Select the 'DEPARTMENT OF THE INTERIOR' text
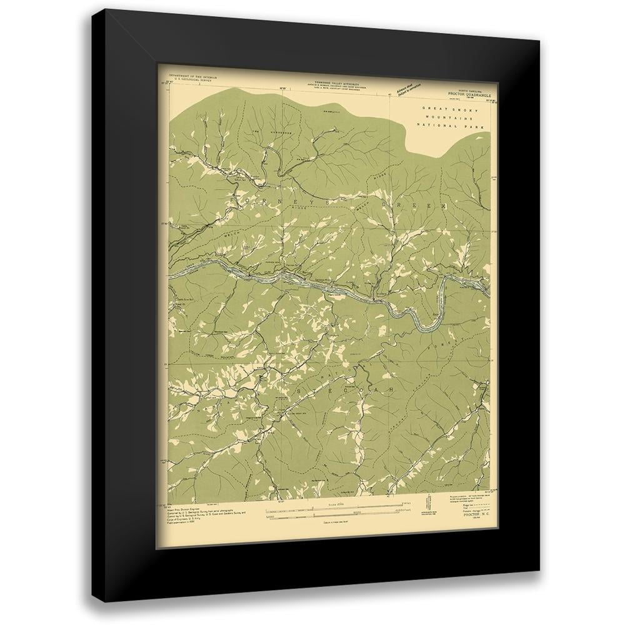pos(182,77)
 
